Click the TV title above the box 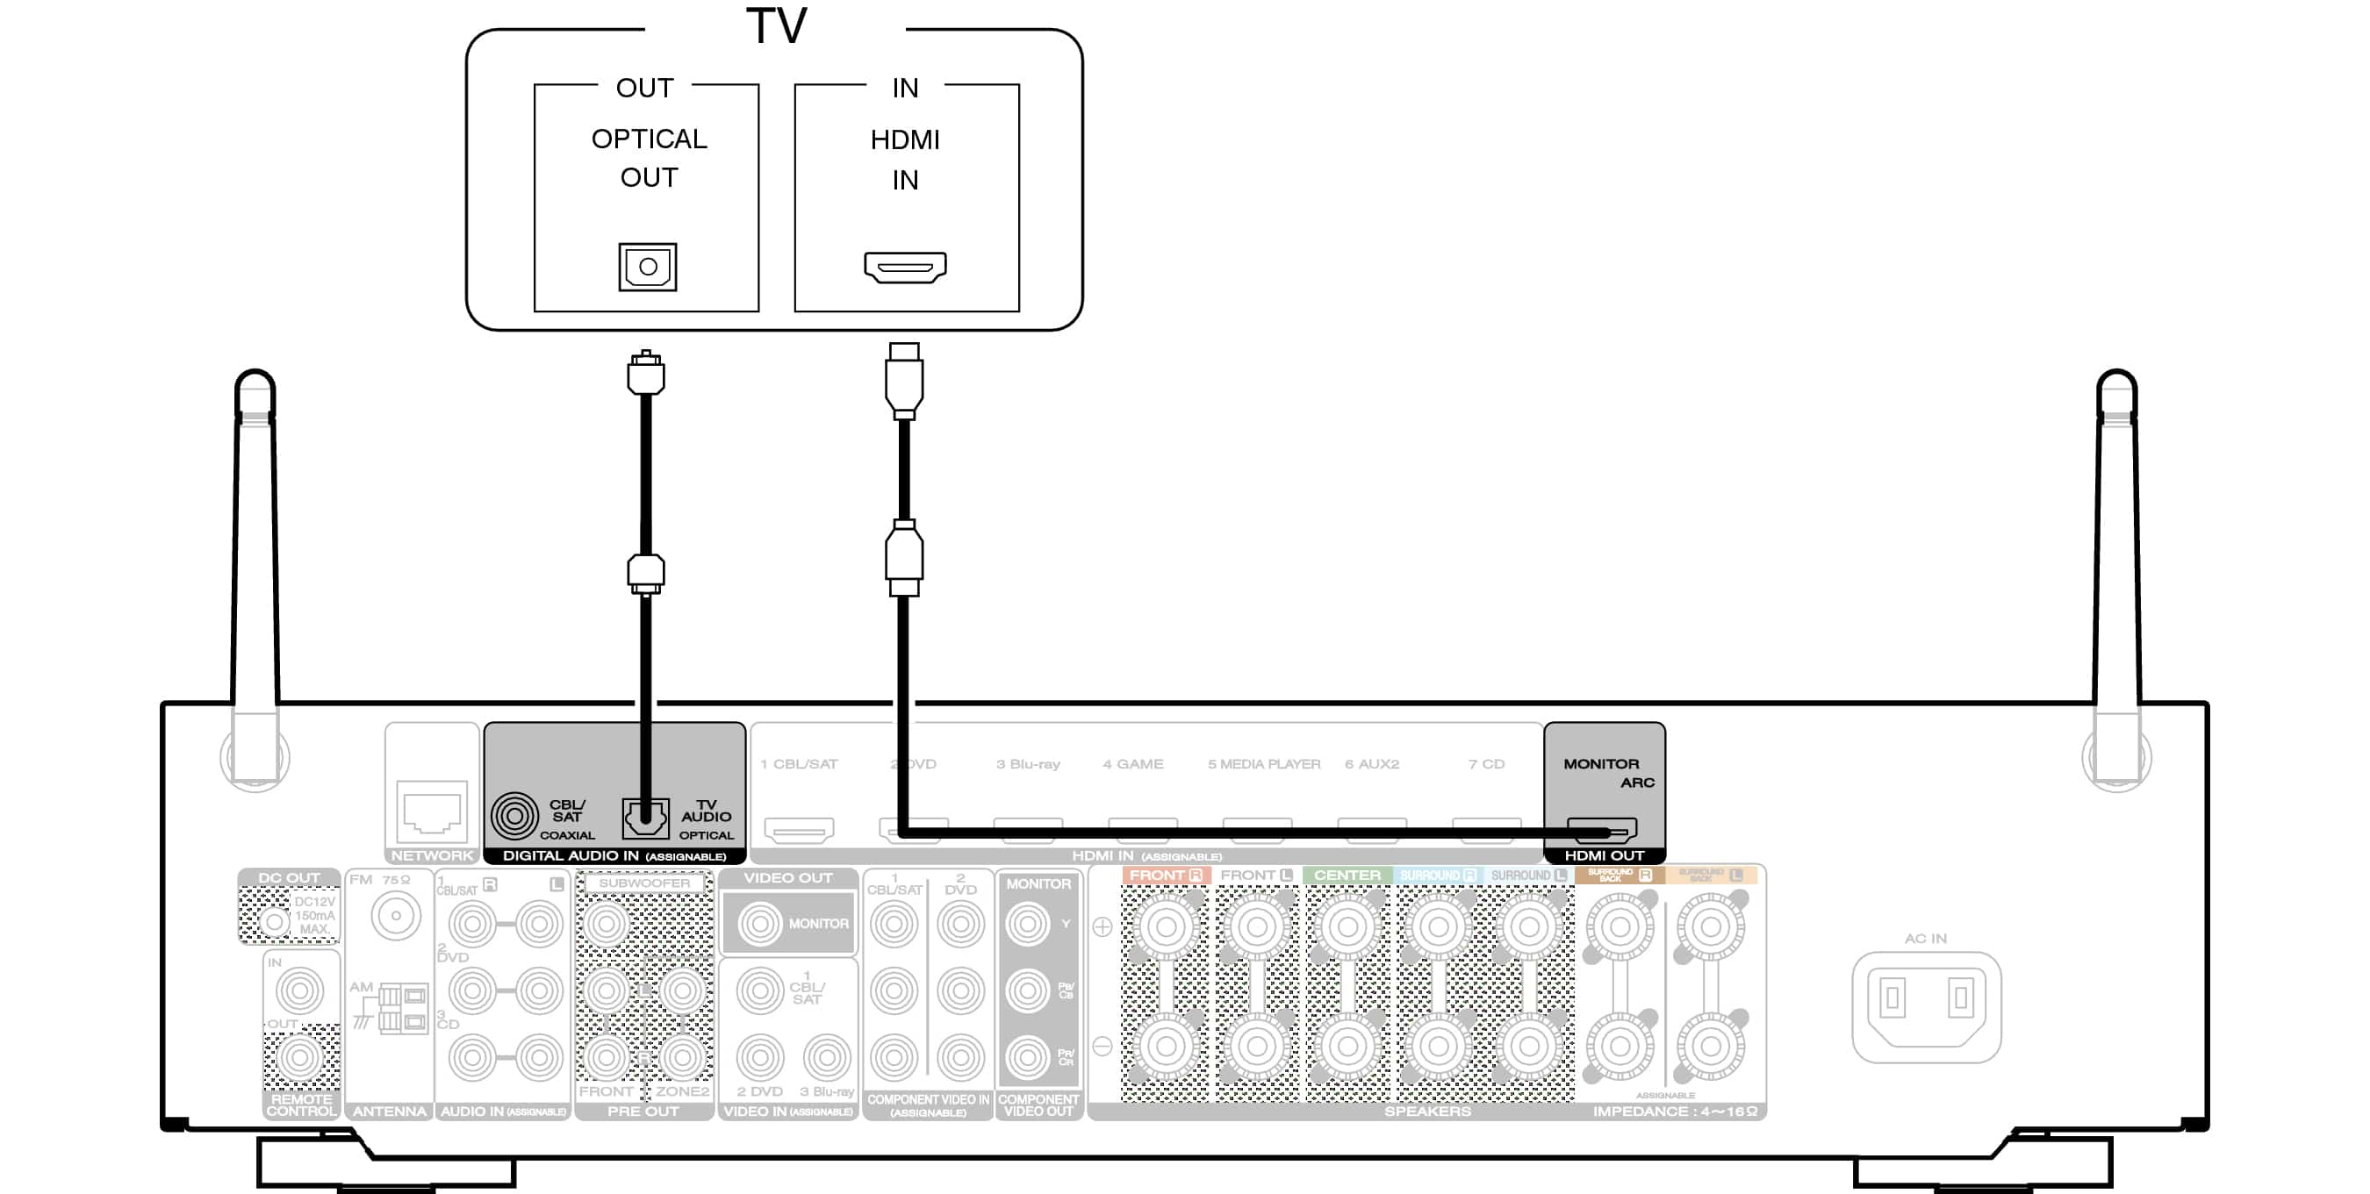click(x=776, y=25)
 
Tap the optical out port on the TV click(x=647, y=267)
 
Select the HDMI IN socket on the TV click(x=904, y=267)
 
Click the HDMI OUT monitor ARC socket click(x=1601, y=830)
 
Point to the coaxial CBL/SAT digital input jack click(x=514, y=816)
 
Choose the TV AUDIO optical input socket click(x=645, y=817)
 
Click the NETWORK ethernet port click(x=432, y=810)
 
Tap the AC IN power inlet click(x=1926, y=1006)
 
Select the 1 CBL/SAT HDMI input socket click(x=799, y=830)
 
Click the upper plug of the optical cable click(x=646, y=374)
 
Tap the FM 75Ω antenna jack click(x=396, y=916)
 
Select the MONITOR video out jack click(x=760, y=924)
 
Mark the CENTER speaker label click(x=1346, y=875)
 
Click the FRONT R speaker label click(x=1165, y=875)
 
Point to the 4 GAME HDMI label click(x=1132, y=763)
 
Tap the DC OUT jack click(x=273, y=921)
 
